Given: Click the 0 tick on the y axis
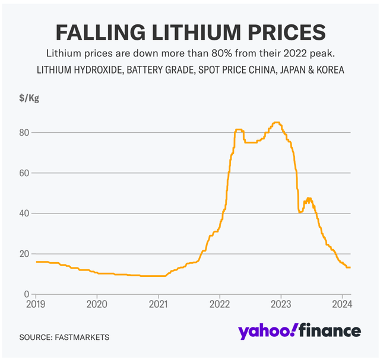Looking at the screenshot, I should click(26, 294).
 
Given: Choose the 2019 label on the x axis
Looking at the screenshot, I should click(36, 305).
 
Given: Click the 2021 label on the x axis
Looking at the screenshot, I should click(159, 305).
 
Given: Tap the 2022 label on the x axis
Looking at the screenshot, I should click(220, 305).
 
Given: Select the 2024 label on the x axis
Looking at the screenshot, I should click(342, 305).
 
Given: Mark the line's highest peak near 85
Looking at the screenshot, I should click(275, 123).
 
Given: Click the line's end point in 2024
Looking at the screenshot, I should click(350, 267).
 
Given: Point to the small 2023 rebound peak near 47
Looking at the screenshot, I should click(308, 199).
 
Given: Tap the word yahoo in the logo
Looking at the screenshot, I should click(266, 331).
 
